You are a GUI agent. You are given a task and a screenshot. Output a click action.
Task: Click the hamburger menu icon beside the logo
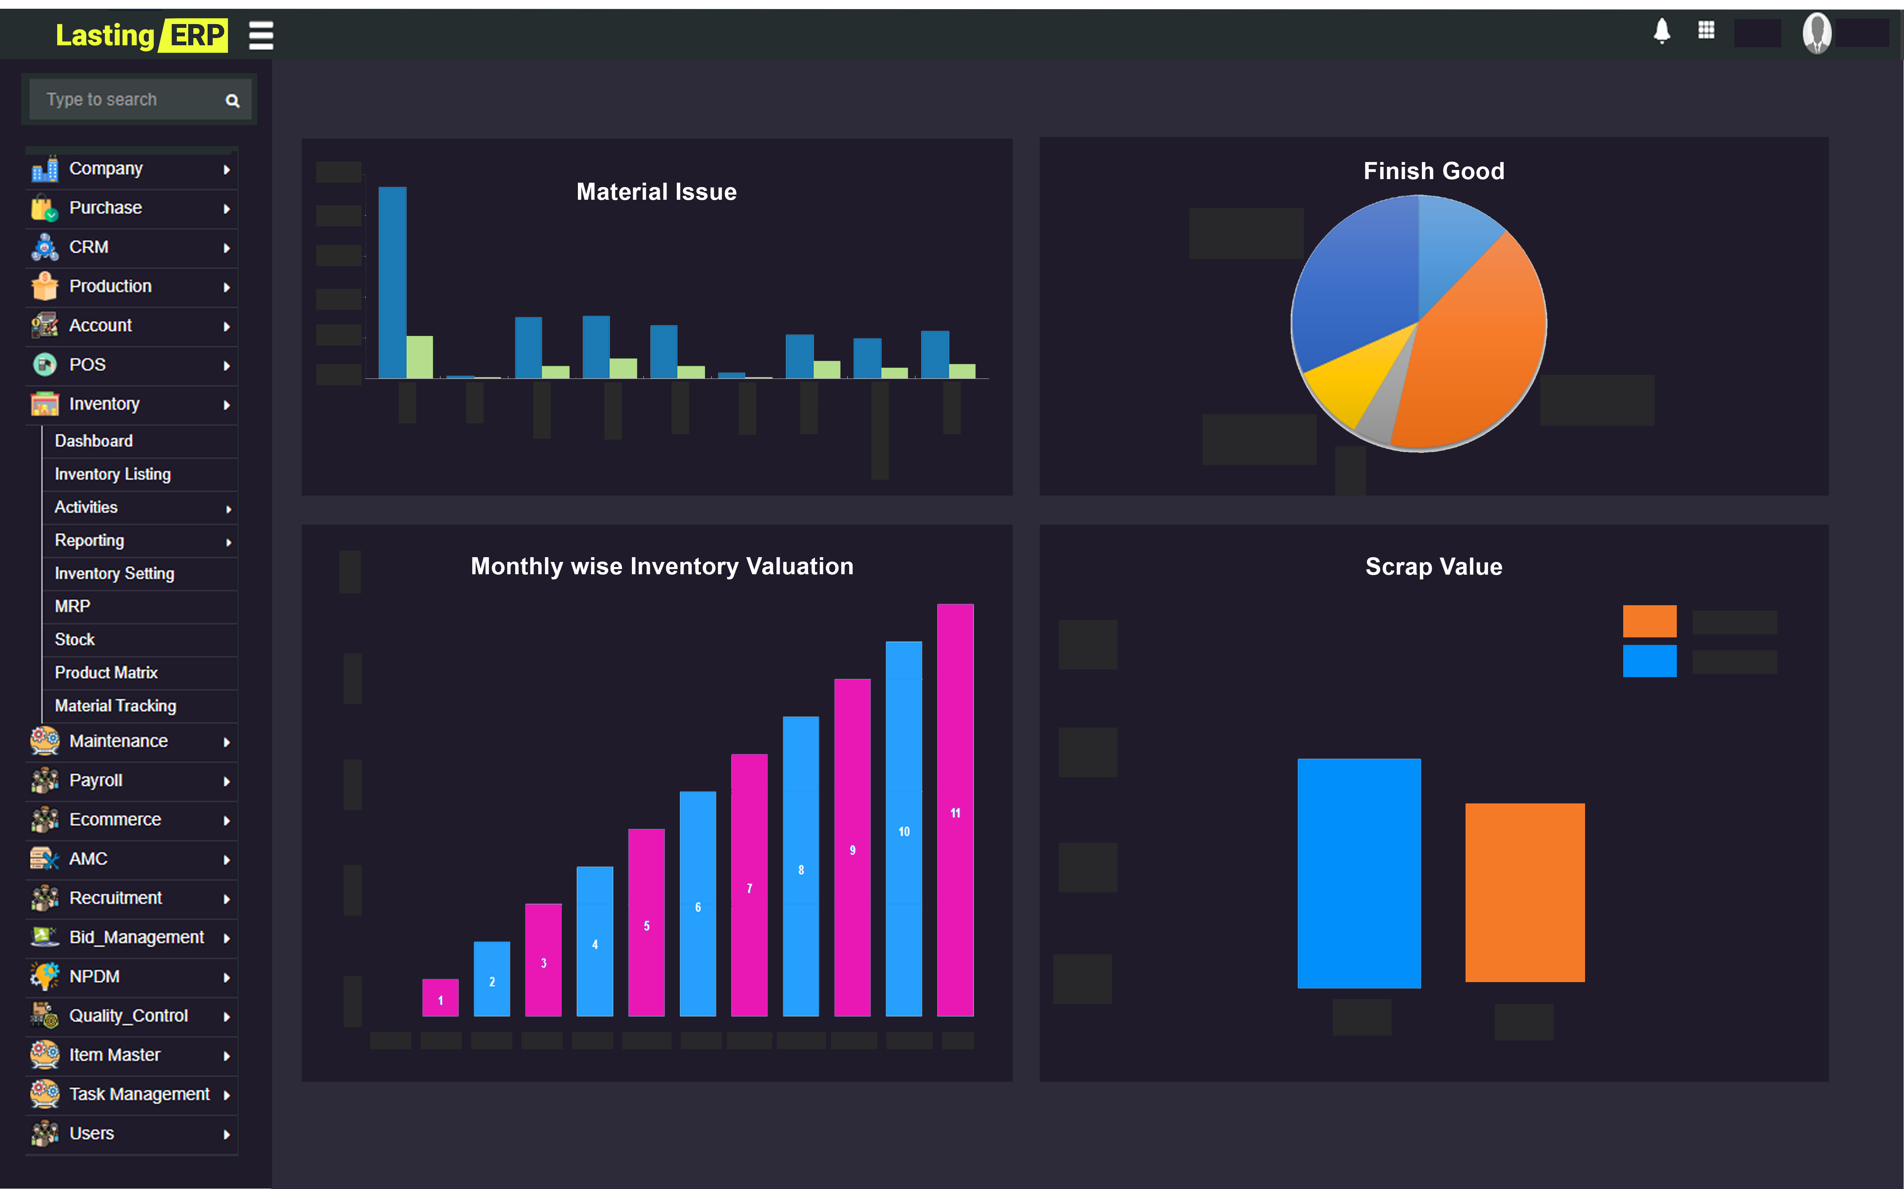pyautogui.click(x=261, y=35)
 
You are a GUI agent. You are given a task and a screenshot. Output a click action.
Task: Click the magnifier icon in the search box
pyautogui.click(x=232, y=100)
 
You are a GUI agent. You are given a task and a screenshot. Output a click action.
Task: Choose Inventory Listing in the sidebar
pyautogui.click(x=112, y=474)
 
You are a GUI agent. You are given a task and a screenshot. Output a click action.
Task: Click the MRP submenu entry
pyautogui.click(x=72, y=606)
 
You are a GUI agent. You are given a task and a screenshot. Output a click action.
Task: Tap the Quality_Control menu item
pyautogui.click(x=128, y=1016)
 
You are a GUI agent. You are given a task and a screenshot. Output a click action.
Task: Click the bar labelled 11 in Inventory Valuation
pyautogui.click(x=955, y=810)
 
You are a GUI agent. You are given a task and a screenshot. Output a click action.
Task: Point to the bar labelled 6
pyautogui.click(x=697, y=904)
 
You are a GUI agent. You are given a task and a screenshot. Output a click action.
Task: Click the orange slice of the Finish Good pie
pyautogui.click(x=1471, y=346)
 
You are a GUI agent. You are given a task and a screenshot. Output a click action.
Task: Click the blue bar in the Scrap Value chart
pyautogui.click(x=1358, y=873)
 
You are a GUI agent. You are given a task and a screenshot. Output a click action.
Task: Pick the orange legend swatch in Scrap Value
pyautogui.click(x=1649, y=621)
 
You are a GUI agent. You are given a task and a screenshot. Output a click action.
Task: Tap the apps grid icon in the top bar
pyautogui.click(x=1706, y=31)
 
